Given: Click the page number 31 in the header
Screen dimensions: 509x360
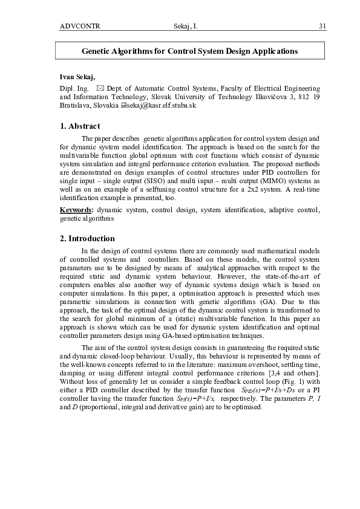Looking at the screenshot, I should point(322,26).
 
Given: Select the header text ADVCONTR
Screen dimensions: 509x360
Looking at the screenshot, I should point(80,26).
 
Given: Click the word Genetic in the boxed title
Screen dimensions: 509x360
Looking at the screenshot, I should point(96,51).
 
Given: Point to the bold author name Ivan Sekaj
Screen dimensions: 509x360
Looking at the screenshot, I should point(77,77).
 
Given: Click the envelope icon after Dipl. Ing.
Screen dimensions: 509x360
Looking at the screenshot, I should point(100,88).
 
